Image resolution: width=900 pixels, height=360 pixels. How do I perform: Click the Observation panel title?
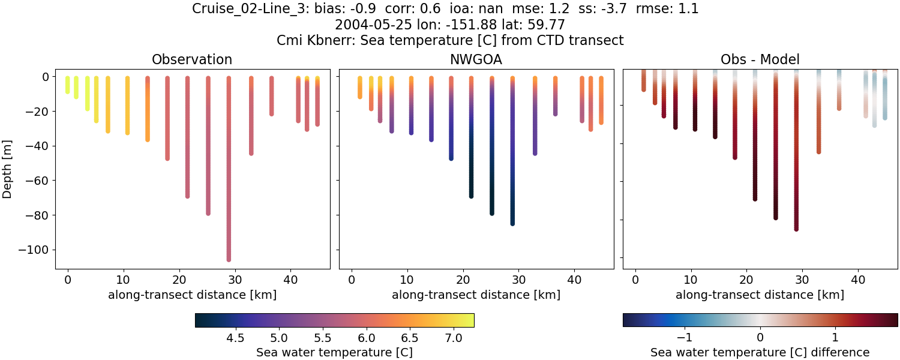pos(192,59)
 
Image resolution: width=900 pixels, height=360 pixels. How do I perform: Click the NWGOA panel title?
pos(476,59)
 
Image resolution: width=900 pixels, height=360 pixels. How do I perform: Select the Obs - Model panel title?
pos(760,59)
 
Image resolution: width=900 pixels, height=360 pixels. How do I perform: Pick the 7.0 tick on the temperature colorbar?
pos(454,338)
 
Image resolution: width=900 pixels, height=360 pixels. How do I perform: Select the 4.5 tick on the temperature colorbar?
pos(235,338)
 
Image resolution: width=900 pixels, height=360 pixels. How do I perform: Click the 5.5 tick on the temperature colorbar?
pos(322,338)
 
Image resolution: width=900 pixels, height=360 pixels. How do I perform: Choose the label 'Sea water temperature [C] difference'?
pos(760,352)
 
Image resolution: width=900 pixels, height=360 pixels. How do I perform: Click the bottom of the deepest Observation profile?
pos(229,259)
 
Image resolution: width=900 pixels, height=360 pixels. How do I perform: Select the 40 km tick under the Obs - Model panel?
pos(858,279)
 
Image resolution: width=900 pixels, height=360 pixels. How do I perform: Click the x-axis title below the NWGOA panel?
pos(476,295)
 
